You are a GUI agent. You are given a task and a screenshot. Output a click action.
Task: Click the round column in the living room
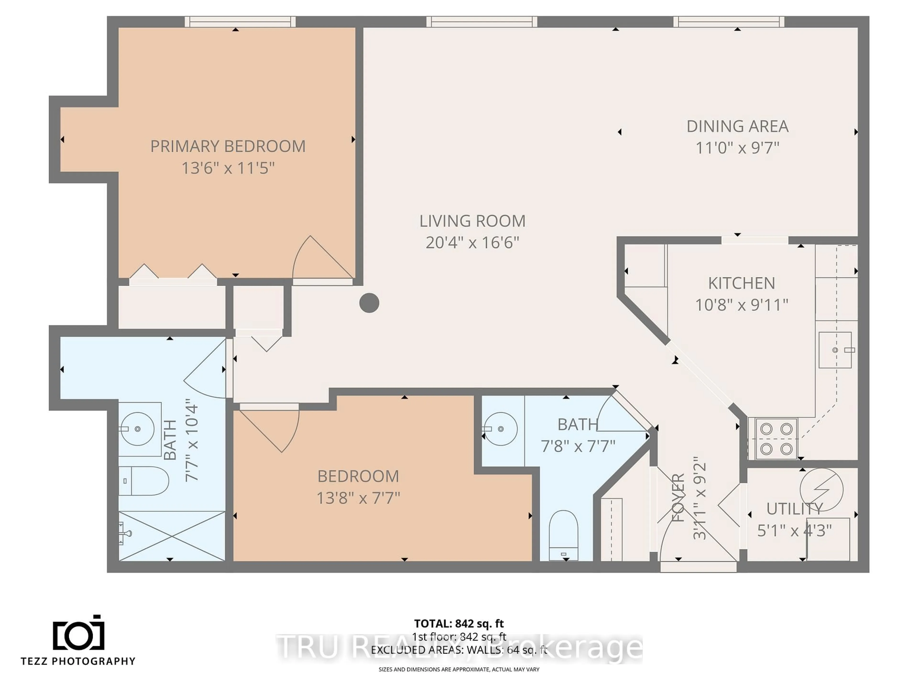pyautogui.click(x=369, y=303)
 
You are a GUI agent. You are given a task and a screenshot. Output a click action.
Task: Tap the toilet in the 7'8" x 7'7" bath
pyautogui.click(x=563, y=535)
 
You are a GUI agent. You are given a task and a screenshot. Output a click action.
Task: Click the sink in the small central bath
pyautogui.click(x=501, y=429)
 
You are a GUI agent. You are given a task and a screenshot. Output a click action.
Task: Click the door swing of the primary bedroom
pyautogui.click(x=320, y=259)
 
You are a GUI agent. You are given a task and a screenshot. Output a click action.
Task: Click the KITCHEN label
pyautogui.click(x=741, y=284)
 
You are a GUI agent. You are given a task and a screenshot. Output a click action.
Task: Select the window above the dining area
pyautogui.click(x=728, y=21)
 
